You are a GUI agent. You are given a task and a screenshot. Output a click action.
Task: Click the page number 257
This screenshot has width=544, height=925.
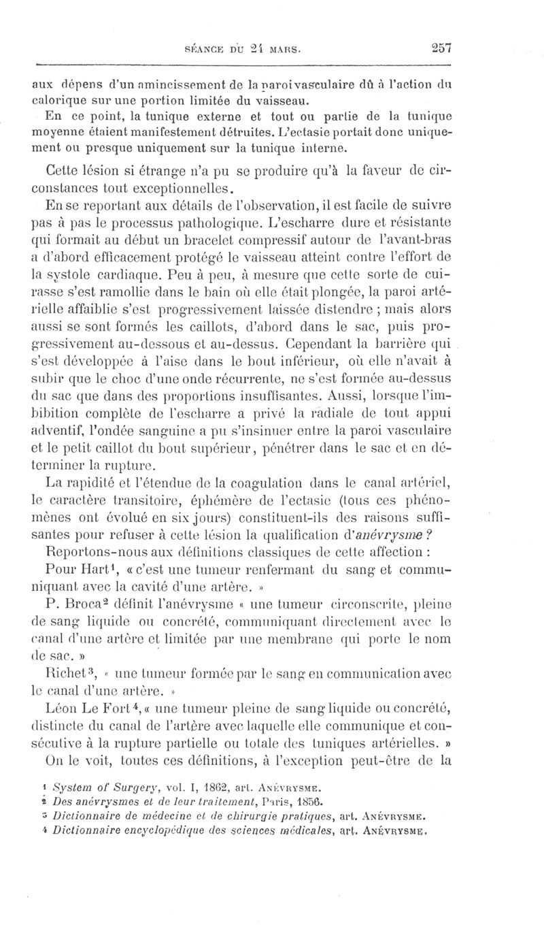(x=441, y=48)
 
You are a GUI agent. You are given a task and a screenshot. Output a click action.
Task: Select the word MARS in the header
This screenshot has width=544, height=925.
(x=286, y=50)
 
